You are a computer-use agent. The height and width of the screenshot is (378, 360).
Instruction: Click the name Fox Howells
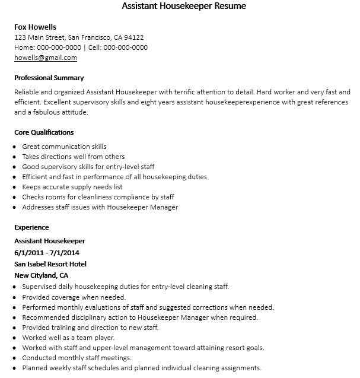(35, 27)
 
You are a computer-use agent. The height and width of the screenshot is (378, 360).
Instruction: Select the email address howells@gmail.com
(46, 58)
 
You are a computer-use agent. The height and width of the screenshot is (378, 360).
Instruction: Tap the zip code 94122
(133, 37)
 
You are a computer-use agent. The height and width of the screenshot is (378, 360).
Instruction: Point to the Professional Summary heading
(49, 78)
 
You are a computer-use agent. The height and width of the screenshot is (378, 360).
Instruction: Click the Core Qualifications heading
(44, 132)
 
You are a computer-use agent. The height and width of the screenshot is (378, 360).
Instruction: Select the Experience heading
(31, 227)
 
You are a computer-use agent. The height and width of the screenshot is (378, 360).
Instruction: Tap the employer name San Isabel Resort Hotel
(50, 264)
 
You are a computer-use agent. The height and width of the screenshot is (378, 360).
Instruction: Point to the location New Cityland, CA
(41, 275)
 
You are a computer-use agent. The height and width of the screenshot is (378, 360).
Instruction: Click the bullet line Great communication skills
(64, 147)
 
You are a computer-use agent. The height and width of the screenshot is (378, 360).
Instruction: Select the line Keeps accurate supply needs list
(72, 187)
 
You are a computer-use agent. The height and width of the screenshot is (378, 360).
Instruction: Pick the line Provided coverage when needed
(74, 297)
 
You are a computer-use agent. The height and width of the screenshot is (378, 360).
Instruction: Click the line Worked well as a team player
(68, 338)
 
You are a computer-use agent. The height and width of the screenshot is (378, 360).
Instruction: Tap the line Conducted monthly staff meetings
(77, 358)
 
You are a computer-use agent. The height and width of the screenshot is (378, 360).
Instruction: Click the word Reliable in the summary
(26, 92)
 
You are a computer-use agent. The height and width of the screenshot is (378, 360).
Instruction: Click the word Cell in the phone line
(93, 47)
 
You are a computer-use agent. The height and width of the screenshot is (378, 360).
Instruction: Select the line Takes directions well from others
(74, 157)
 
